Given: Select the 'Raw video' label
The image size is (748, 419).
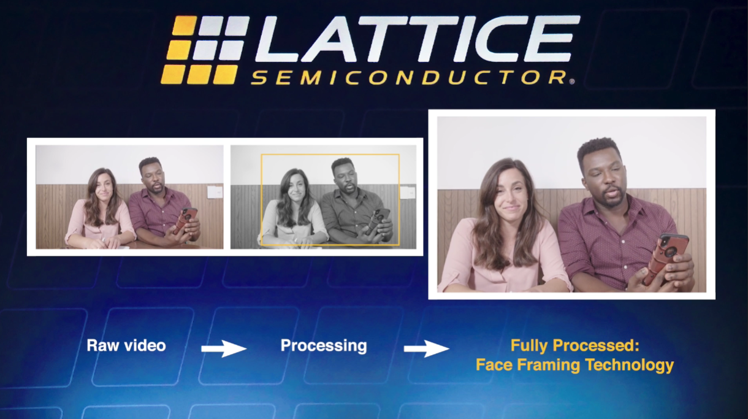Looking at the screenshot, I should [126, 345].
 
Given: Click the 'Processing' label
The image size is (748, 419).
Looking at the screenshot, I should [324, 345].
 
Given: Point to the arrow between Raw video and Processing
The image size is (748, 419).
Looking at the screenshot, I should [224, 348].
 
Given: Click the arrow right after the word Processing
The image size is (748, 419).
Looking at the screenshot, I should [426, 348].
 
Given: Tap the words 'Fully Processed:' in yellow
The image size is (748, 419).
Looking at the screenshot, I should [574, 345].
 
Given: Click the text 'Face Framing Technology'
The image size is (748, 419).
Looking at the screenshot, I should [574, 365].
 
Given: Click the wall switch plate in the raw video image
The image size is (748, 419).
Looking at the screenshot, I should [214, 191].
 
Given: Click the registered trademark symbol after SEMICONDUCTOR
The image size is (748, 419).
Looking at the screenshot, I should [571, 80].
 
